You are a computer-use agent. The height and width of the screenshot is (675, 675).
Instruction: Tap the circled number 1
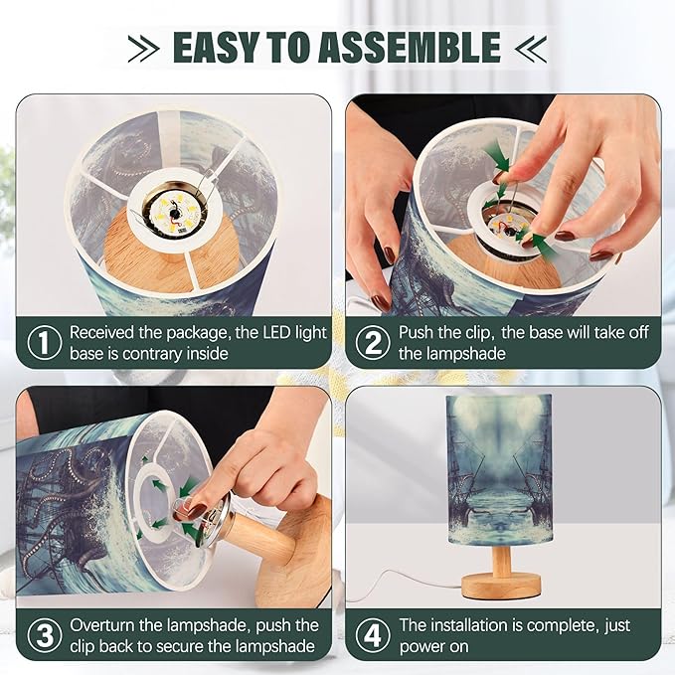(45, 343)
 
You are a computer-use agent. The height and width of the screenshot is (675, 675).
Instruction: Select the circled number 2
(373, 343)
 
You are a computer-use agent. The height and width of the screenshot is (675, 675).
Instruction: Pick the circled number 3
(45, 635)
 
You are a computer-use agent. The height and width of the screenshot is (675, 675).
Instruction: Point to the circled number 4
(373, 635)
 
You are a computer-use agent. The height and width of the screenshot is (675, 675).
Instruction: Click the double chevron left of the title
(143, 48)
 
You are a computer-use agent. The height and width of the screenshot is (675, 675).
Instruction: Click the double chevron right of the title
(531, 48)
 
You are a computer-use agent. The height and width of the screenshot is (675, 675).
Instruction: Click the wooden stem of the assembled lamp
(501, 561)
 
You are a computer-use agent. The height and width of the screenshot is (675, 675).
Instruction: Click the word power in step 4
(422, 647)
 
